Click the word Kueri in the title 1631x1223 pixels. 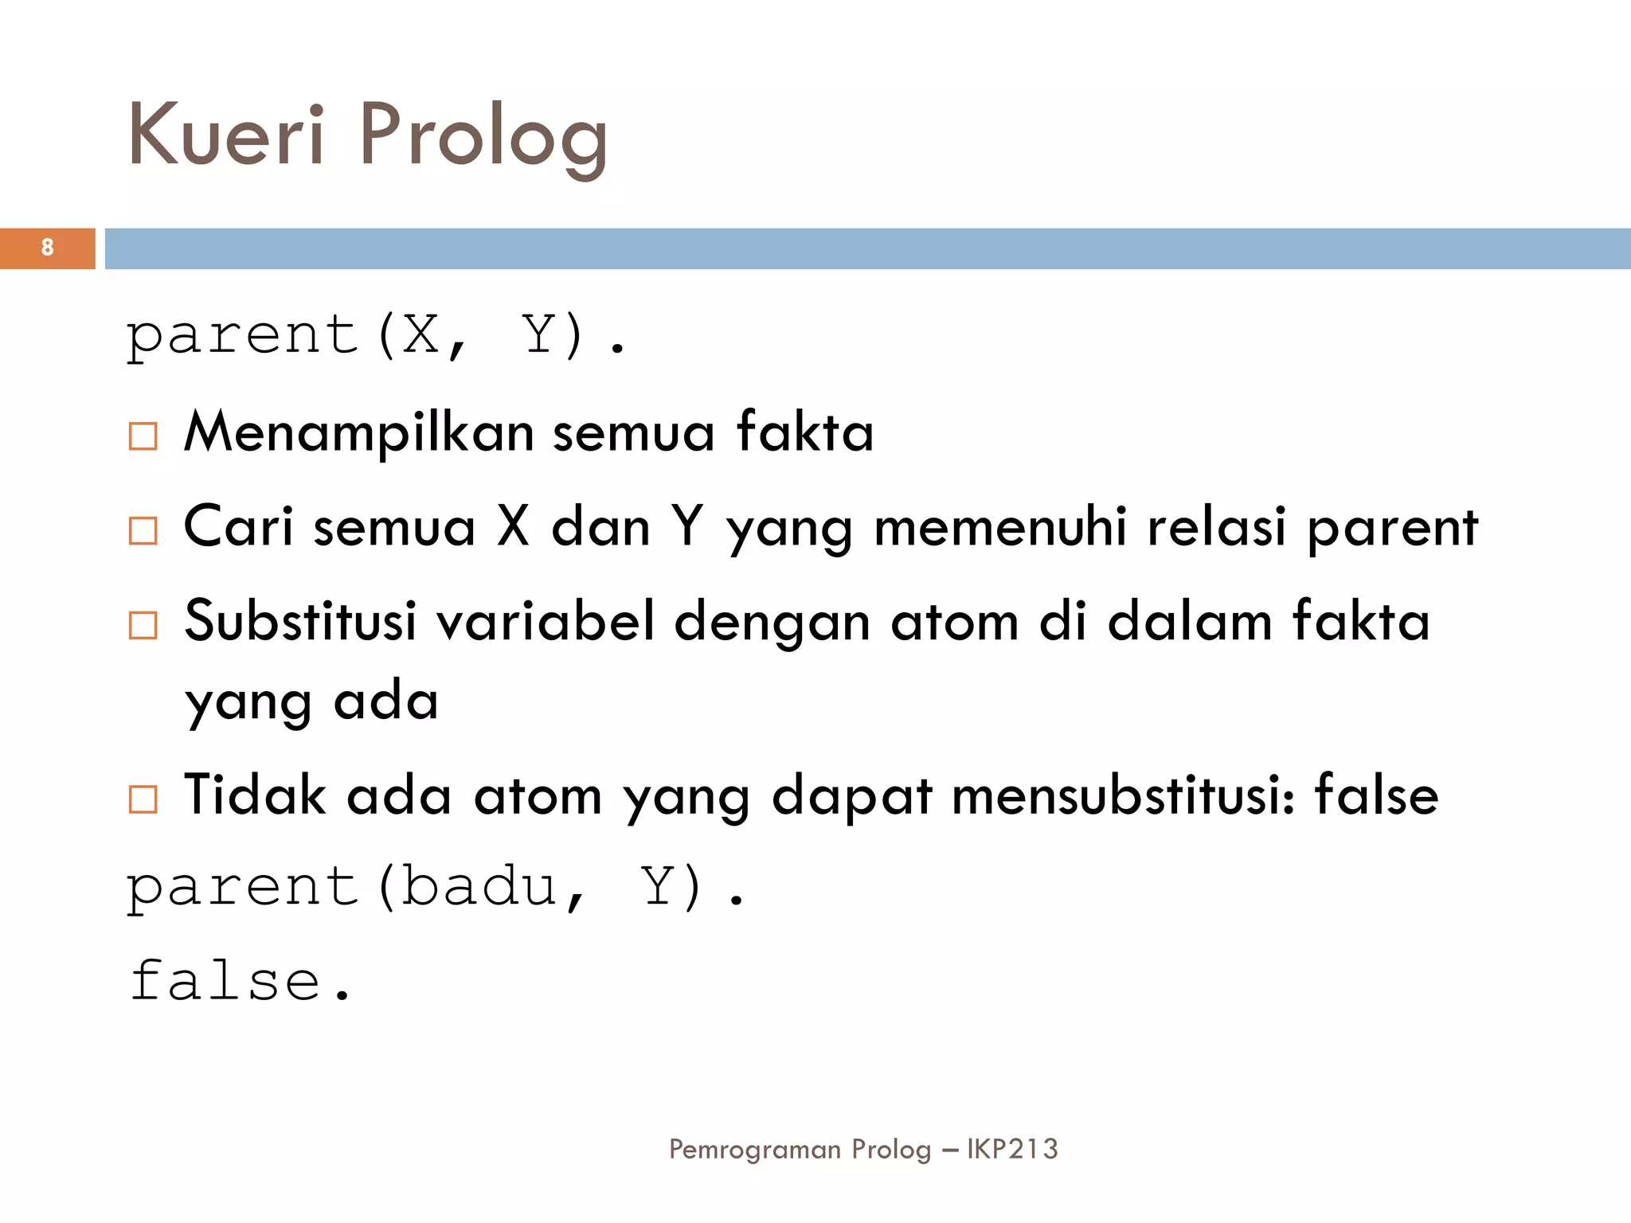(226, 135)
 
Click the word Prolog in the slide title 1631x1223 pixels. (483, 137)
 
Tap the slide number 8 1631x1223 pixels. (48, 248)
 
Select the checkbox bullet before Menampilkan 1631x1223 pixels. (143, 436)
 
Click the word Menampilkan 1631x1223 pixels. (359, 432)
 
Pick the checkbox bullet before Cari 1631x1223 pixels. (143, 530)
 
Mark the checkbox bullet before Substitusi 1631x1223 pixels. (143, 625)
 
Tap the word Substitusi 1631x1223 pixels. (300, 620)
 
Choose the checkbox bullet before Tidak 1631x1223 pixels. (143, 799)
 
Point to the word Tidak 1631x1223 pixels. (255, 795)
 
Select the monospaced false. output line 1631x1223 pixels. (240, 980)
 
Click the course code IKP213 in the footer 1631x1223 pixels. (1012, 1149)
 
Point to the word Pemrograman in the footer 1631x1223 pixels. (755, 1150)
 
